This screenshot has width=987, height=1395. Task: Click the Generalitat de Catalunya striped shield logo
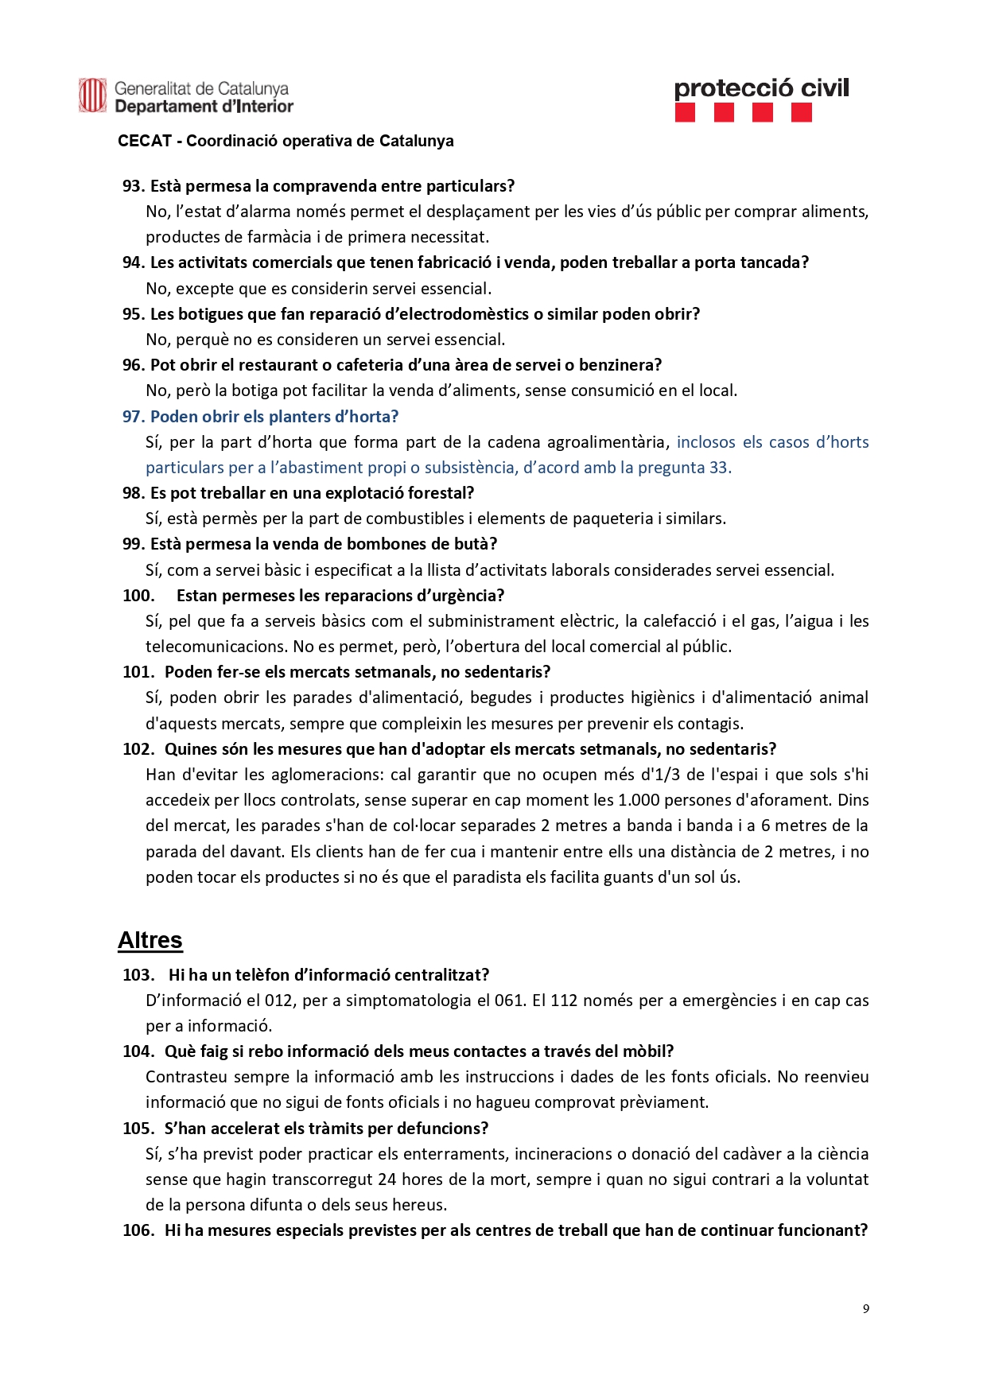tap(92, 95)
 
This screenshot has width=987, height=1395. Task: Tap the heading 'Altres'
tap(150, 940)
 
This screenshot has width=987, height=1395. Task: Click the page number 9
tap(865, 1308)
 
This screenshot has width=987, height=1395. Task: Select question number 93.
tap(133, 186)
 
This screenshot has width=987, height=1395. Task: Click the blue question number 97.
tap(133, 417)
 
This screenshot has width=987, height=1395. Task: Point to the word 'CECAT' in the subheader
tap(145, 141)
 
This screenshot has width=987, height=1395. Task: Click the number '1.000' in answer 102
tap(639, 800)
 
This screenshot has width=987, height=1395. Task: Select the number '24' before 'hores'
tap(387, 1179)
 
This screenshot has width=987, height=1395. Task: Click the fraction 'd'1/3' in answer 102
tap(660, 775)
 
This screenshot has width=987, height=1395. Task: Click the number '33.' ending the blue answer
tap(720, 468)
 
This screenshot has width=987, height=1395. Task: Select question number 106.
tap(138, 1230)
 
